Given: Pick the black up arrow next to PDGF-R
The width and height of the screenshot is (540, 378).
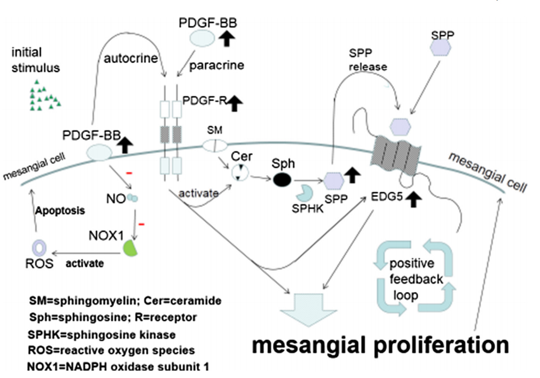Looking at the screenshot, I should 235,105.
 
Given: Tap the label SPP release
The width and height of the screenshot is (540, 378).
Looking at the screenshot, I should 367,59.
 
